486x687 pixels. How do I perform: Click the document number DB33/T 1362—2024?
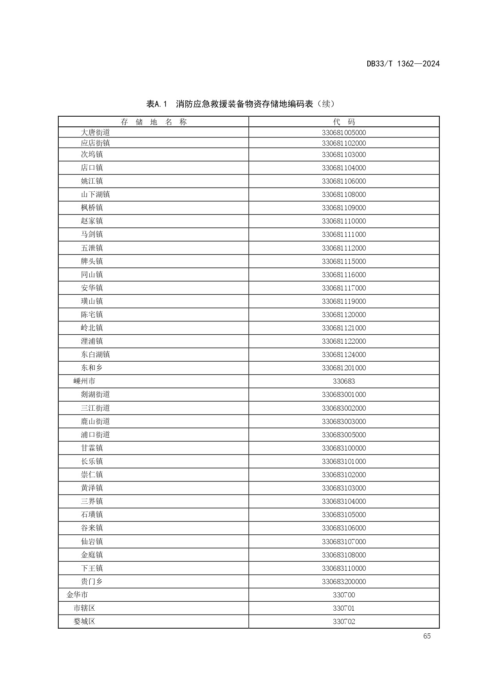pyautogui.click(x=403, y=64)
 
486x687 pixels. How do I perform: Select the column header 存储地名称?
pyautogui.click(x=154, y=122)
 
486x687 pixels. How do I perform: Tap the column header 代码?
pyautogui.click(x=344, y=122)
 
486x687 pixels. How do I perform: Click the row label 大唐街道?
pyautogui.click(x=95, y=132)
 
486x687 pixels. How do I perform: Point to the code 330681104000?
pyautogui.click(x=344, y=168)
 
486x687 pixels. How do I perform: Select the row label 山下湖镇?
pyautogui.click(x=95, y=195)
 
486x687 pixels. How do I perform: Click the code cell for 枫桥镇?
pyautogui.click(x=344, y=208)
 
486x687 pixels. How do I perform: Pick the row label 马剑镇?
pyautogui.click(x=92, y=234)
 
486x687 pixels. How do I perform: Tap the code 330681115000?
pyautogui.click(x=344, y=261)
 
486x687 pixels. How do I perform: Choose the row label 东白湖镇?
pyautogui.click(x=95, y=355)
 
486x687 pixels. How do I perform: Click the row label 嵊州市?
pyautogui.click(x=84, y=381)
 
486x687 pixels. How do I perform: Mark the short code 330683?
pyautogui.click(x=344, y=381)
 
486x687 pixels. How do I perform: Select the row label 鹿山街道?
pyautogui.click(x=95, y=422)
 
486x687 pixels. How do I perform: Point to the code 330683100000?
pyautogui.click(x=344, y=448)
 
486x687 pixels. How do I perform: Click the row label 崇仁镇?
pyautogui.click(x=92, y=475)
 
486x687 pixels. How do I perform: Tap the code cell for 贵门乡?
pyautogui.click(x=344, y=582)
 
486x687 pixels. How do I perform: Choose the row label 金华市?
pyautogui.click(x=77, y=595)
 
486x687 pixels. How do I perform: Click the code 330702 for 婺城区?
pyautogui.click(x=344, y=622)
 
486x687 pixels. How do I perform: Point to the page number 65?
pyautogui.click(x=427, y=636)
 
